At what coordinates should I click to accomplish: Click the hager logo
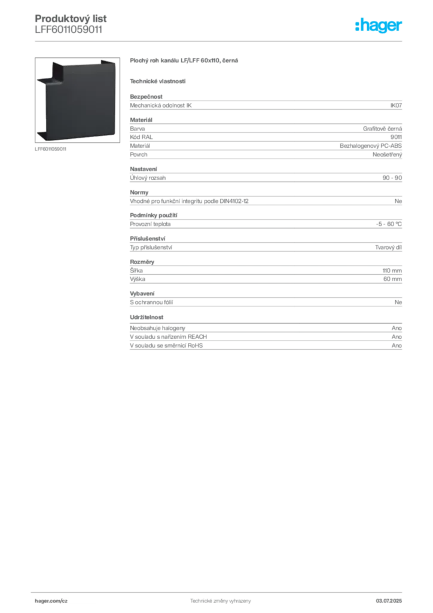pyautogui.click(x=379, y=25)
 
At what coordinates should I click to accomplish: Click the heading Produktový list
pyautogui.click(x=71, y=19)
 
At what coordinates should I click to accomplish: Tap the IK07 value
pyautogui.click(x=396, y=105)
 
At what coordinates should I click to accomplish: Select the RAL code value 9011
pyautogui.click(x=396, y=137)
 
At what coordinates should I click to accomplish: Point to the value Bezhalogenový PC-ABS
pyautogui.click(x=371, y=146)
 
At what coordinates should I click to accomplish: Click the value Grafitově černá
pyautogui.click(x=382, y=129)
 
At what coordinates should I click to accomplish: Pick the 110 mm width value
pyautogui.click(x=392, y=271)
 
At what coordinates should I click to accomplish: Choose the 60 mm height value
pyautogui.click(x=392, y=279)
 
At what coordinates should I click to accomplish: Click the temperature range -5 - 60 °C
pyautogui.click(x=389, y=224)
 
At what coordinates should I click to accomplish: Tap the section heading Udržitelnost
pyautogui.click(x=147, y=317)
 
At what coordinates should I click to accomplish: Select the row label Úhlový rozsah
pyautogui.click(x=148, y=177)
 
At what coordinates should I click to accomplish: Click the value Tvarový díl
pyautogui.click(x=388, y=247)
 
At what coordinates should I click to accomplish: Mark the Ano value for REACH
pyautogui.click(x=397, y=336)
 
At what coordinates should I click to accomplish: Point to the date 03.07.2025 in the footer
pyautogui.click(x=389, y=601)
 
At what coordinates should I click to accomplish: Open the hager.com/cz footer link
pyautogui.click(x=51, y=601)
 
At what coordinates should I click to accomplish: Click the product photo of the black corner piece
pyautogui.click(x=77, y=100)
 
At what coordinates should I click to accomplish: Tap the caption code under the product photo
pyautogui.click(x=50, y=149)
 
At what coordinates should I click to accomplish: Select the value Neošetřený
pyautogui.click(x=387, y=154)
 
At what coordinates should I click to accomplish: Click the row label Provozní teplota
pyautogui.click(x=150, y=224)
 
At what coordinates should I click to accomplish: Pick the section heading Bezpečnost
pyautogui.click(x=146, y=96)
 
